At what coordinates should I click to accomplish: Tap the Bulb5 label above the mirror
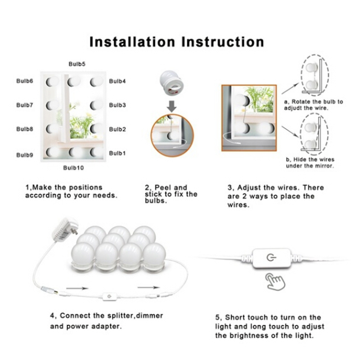[x=77, y=64]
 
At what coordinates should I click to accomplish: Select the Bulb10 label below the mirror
[x=73, y=168]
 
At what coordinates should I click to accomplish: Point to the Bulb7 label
[x=24, y=105]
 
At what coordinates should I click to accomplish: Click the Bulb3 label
[x=117, y=105]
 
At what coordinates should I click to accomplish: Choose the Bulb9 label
[x=24, y=155]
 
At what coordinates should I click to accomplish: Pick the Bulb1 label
[x=117, y=153]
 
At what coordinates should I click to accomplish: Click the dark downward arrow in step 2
[x=172, y=106]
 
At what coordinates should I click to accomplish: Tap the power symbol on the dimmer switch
[x=271, y=258]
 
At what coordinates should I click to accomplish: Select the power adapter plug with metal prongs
[x=65, y=230]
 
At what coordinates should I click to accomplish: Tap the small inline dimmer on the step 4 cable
[x=109, y=296]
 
